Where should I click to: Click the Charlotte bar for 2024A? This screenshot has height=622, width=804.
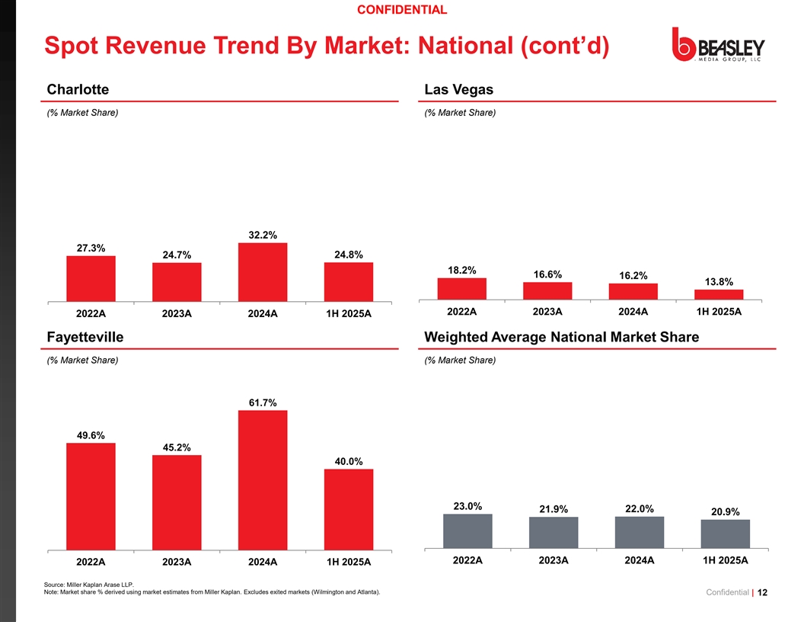[263, 272]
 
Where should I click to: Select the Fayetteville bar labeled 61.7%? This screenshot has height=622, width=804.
[263, 480]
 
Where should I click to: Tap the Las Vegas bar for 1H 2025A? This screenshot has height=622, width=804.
[719, 294]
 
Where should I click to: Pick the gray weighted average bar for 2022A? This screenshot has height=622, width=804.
[467, 531]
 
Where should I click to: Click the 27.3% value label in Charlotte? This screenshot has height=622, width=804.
[91, 248]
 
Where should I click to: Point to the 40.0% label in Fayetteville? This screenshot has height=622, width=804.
[349, 462]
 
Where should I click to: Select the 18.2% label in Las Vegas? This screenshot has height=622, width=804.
[462, 271]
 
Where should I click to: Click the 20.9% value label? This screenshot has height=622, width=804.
[726, 512]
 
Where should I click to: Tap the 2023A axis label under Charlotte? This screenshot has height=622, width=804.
[177, 313]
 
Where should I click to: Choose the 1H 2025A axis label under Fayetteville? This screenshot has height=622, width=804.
[349, 562]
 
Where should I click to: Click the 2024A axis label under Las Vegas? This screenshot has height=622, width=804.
[633, 312]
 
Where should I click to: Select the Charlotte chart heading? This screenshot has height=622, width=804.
[78, 89]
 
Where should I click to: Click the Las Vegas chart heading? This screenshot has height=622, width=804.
[459, 89]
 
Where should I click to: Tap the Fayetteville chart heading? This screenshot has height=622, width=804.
[85, 337]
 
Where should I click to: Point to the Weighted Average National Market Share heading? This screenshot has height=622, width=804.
[561, 337]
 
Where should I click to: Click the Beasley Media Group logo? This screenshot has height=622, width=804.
[719, 45]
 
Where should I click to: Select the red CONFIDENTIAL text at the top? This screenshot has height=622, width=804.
[402, 10]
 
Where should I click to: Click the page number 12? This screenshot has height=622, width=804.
[762, 592]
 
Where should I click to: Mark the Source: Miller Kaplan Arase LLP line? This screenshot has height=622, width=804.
[89, 585]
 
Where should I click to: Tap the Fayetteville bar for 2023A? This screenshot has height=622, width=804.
[177, 503]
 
